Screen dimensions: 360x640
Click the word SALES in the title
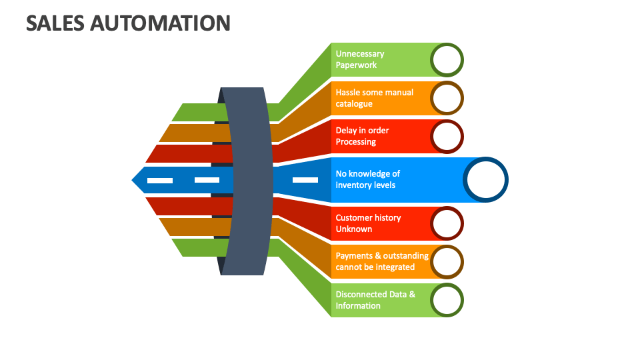pyautogui.click(x=55, y=23)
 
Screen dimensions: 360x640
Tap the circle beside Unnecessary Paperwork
pyautogui.click(x=447, y=60)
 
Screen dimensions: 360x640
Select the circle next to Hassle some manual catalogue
pyautogui.click(x=447, y=99)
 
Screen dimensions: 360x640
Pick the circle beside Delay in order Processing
pyautogui.click(x=447, y=137)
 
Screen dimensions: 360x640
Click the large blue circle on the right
pyautogui.click(x=486, y=180)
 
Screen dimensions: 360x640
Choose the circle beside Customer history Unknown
pyautogui.click(x=447, y=223)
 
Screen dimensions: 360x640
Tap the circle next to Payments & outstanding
pyautogui.click(x=447, y=261)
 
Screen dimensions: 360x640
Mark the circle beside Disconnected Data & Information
pyautogui.click(x=447, y=300)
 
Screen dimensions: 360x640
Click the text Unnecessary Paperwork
pyautogui.click(x=360, y=59)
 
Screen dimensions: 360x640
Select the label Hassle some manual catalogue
pyautogui.click(x=374, y=98)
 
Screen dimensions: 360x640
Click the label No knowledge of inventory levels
pyautogui.click(x=367, y=179)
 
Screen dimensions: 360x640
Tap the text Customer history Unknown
pyautogui.click(x=368, y=223)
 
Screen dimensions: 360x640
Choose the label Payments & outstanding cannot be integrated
pyautogui.click(x=381, y=261)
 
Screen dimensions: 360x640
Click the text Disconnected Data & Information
pyautogui.click(x=375, y=300)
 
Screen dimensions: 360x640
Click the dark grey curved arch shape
pyautogui.click(x=247, y=180)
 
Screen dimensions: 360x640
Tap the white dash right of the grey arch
pyautogui.click(x=305, y=180)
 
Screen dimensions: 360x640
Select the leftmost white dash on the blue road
pyautogui.click(x=160, y=181)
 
